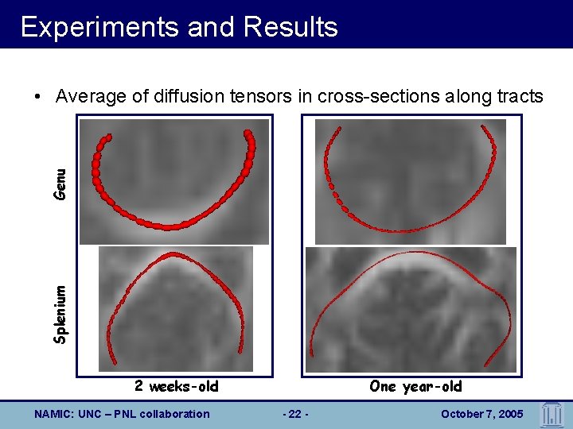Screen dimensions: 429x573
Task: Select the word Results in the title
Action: click(291, 27)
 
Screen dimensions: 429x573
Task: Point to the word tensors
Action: click(272, 97)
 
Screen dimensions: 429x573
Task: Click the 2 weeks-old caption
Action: click(176, 387)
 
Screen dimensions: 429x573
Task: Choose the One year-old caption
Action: click(415, 387)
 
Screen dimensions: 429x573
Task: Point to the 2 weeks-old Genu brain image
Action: click(174, 181)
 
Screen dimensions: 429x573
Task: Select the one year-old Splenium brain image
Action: click(411, 310)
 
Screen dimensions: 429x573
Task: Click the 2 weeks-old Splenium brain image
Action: click(175, 309)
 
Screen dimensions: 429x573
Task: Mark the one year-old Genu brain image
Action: click(411, 181)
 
